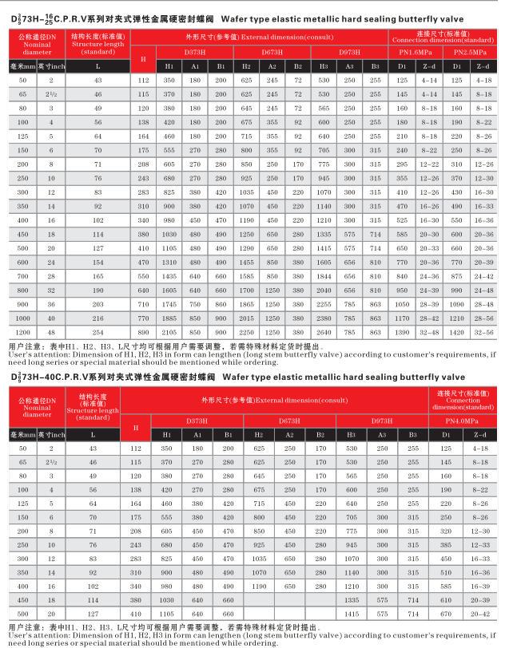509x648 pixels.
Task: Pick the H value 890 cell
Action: coord(144,330)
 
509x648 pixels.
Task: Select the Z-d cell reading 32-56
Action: coord(483,330)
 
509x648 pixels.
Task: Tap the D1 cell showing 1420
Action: coord(456,330)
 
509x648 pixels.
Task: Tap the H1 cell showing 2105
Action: coord(169,330)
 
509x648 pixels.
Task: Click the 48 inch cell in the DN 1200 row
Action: coord(52,330)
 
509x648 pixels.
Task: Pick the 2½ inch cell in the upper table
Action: coord(52,94)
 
